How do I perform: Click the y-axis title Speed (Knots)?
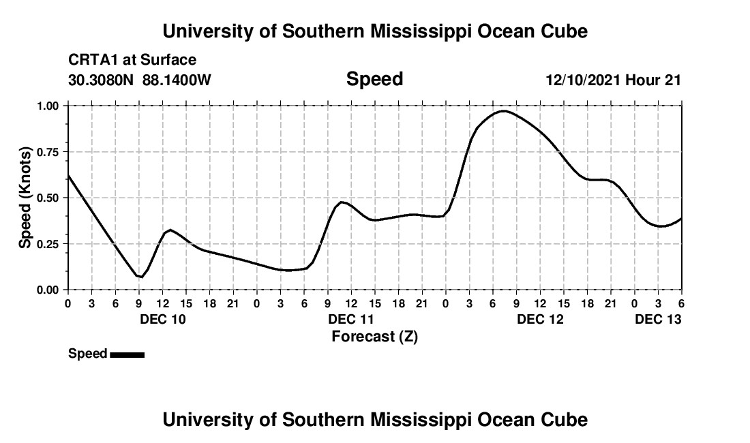click(25, 198)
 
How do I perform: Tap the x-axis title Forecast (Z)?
click(374, 336)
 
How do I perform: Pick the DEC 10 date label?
click(162, 319)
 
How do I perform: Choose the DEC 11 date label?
click(351, 319)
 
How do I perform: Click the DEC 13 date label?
click(658, 319)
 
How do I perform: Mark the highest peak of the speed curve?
click(503, 110)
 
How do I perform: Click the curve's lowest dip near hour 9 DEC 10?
click(140, 277)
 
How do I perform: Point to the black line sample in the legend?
click(127, 354)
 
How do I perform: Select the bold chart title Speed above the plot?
click(374, 79)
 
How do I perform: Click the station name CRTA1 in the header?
click(89, 61)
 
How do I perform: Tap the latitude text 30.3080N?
click(102, 80)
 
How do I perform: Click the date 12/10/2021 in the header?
click(583, 80)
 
